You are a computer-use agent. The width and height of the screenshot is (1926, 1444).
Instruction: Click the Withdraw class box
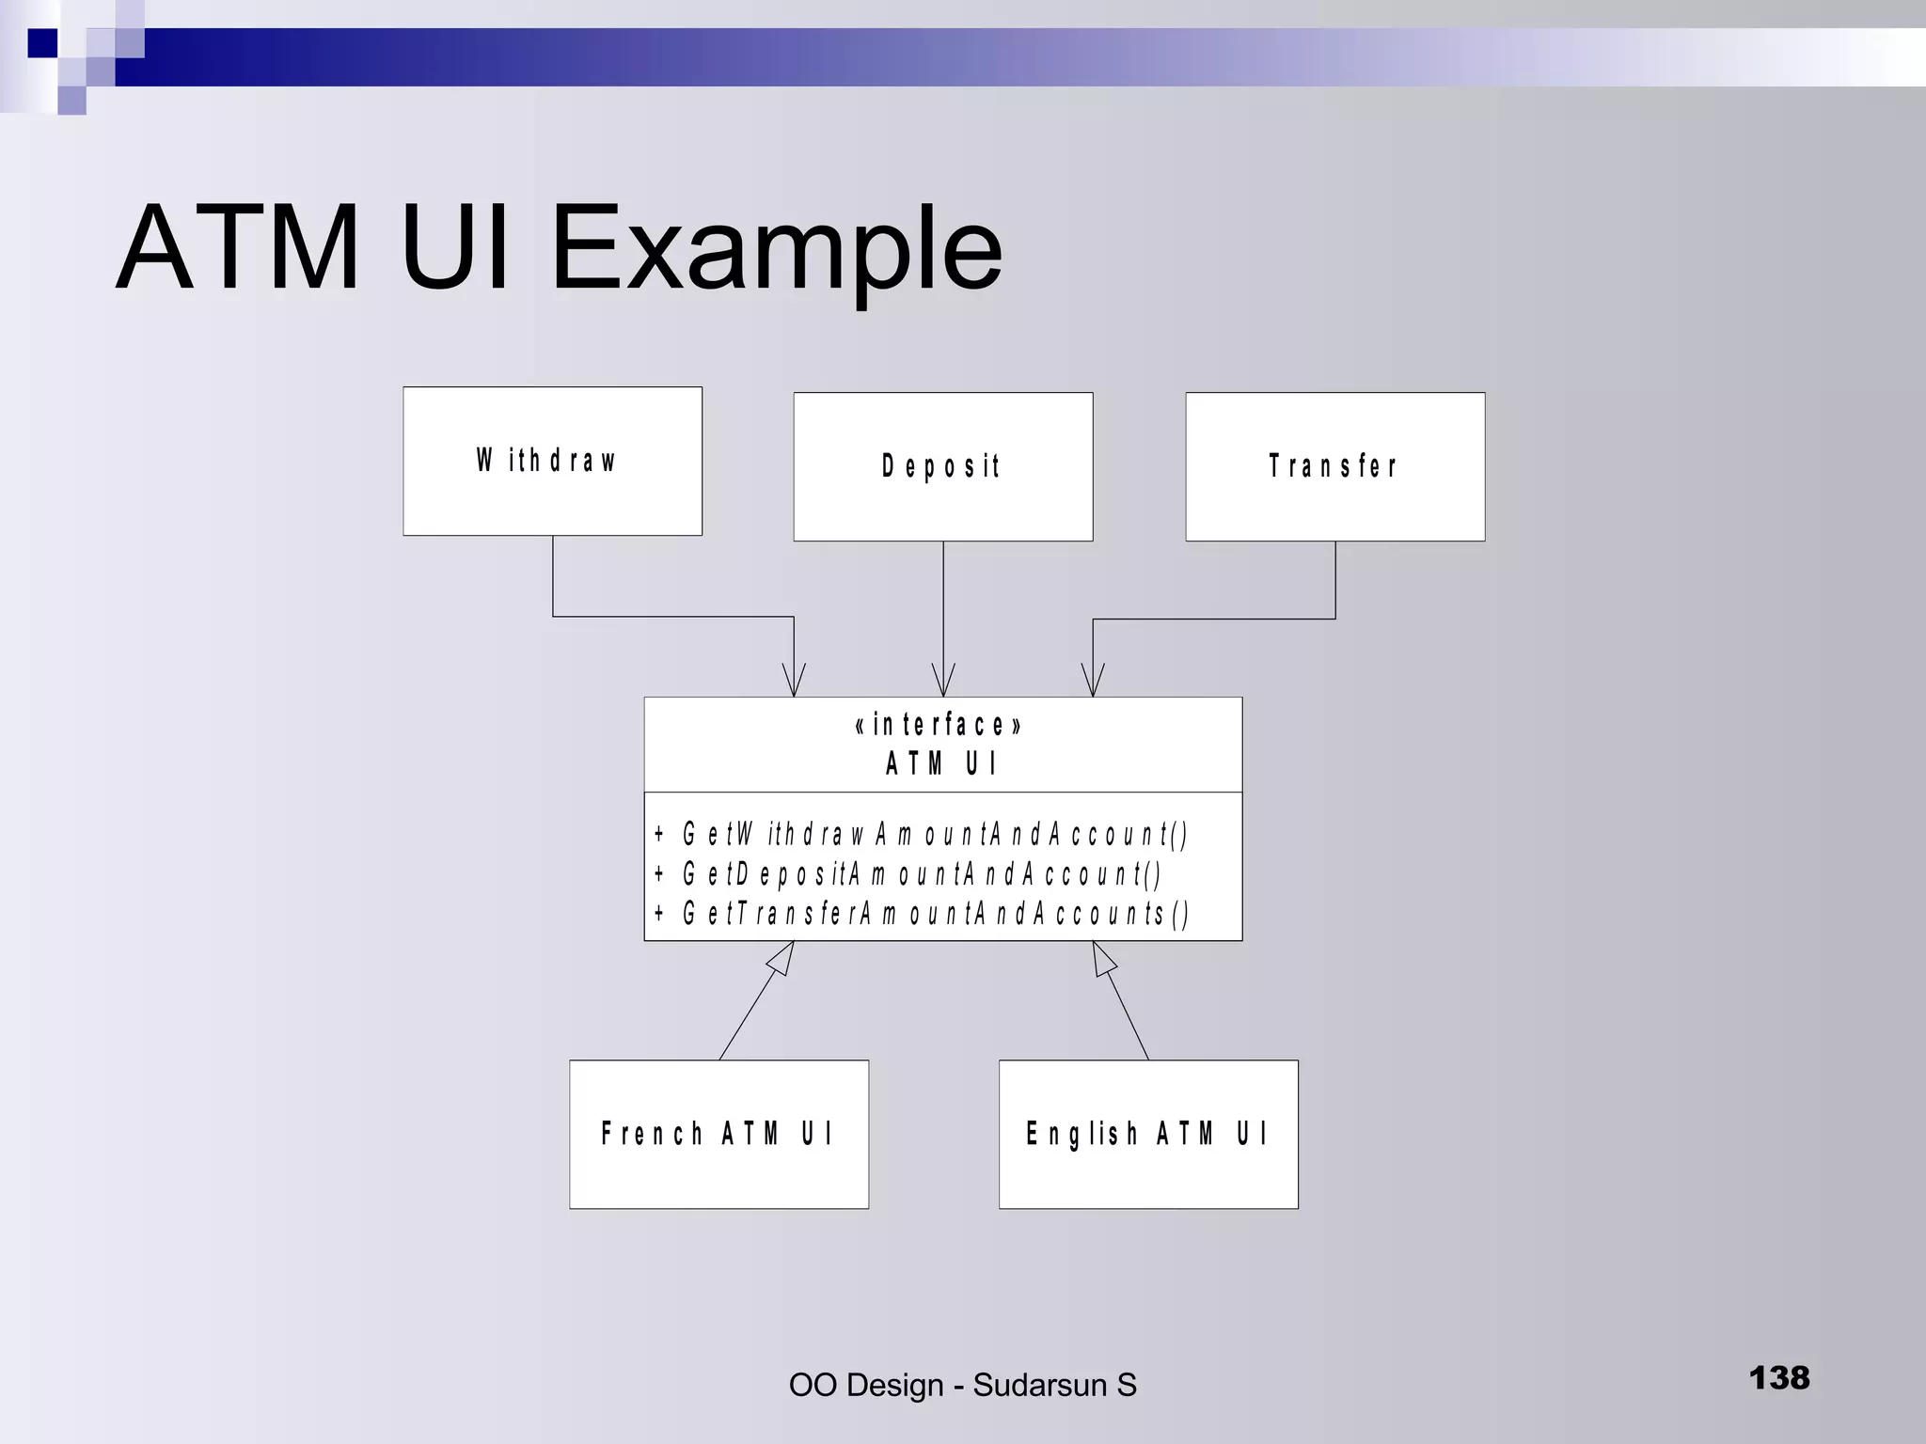point(552,462)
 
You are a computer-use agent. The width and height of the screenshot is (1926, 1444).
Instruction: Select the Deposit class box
point(942,467)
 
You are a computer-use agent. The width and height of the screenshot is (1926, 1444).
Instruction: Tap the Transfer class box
point(1334,467)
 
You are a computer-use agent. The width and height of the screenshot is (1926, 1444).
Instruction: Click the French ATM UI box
point(718,1134)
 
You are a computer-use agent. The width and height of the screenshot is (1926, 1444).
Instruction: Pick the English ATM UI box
point(1148,1134)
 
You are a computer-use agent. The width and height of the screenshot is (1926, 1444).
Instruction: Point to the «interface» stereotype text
point(939,726)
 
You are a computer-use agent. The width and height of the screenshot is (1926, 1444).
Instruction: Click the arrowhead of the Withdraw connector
point(794,683)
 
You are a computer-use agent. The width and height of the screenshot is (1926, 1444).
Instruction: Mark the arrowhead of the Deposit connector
point(943,683)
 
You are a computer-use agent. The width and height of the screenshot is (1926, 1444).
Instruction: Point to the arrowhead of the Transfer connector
point(1093,683)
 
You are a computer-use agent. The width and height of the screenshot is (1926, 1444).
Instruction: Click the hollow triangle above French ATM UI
point(783,958)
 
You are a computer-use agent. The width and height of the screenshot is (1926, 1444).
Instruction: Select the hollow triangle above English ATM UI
point(1103,958)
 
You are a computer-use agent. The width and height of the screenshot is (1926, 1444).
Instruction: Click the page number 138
point(1778,1378)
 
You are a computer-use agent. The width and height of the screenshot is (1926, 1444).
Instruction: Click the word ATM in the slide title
point(239,248)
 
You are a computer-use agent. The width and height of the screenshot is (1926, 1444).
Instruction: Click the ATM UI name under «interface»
point(941,763)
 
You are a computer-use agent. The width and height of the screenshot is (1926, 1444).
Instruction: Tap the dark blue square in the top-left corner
point(42,43)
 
